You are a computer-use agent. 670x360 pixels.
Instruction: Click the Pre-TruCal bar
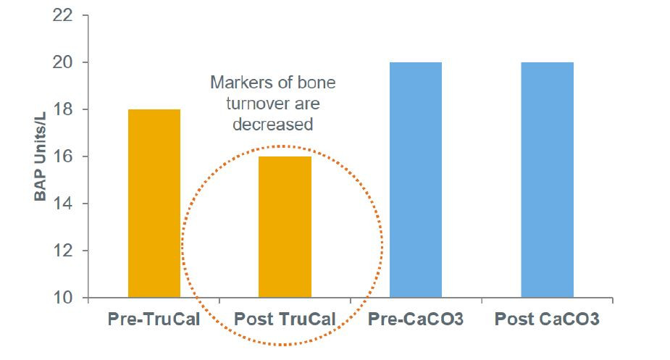coord(154,204)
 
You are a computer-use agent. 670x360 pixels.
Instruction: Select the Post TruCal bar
coord(285,227)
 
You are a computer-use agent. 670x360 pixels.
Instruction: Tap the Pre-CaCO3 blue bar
coord(416,180)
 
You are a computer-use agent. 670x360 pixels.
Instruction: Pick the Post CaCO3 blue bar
coord(548,180)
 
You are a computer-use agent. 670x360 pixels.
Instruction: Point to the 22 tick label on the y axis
coord(62,15)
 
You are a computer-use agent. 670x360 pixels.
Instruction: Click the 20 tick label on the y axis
coord(62,62)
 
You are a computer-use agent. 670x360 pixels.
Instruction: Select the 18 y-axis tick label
coord(62,109)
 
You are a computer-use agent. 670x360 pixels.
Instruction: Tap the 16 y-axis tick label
coord(62,156)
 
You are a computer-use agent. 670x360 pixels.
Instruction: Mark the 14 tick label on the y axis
coord(62,204)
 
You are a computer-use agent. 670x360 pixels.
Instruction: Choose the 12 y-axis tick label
coord(62,251)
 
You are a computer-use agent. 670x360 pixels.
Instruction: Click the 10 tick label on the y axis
coord(62,298)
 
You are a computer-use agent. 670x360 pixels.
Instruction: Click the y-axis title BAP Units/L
coord(40,156)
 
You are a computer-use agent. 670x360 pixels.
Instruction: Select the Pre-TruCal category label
coord(154,319)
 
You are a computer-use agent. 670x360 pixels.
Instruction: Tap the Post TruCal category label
coord(285,319)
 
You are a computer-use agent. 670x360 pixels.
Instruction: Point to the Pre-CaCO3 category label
coord(416,319)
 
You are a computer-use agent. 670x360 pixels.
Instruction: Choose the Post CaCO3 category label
coord(547,319)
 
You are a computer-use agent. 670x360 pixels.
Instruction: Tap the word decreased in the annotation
coord(273,125)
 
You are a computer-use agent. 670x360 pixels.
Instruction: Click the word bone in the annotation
coord(317,82)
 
